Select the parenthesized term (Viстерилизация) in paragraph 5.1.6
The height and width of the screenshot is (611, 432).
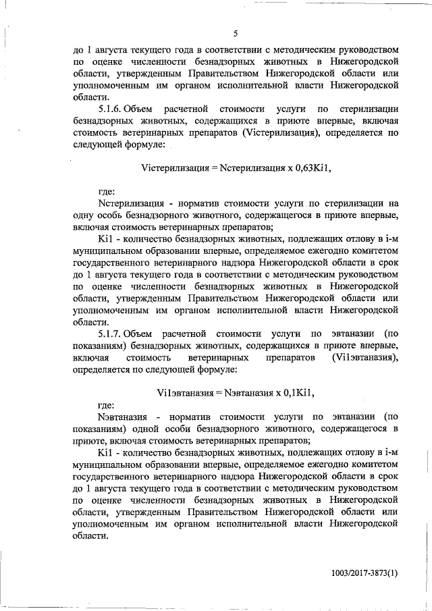pos(292,133)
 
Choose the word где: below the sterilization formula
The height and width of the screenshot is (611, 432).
pos(108,191)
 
